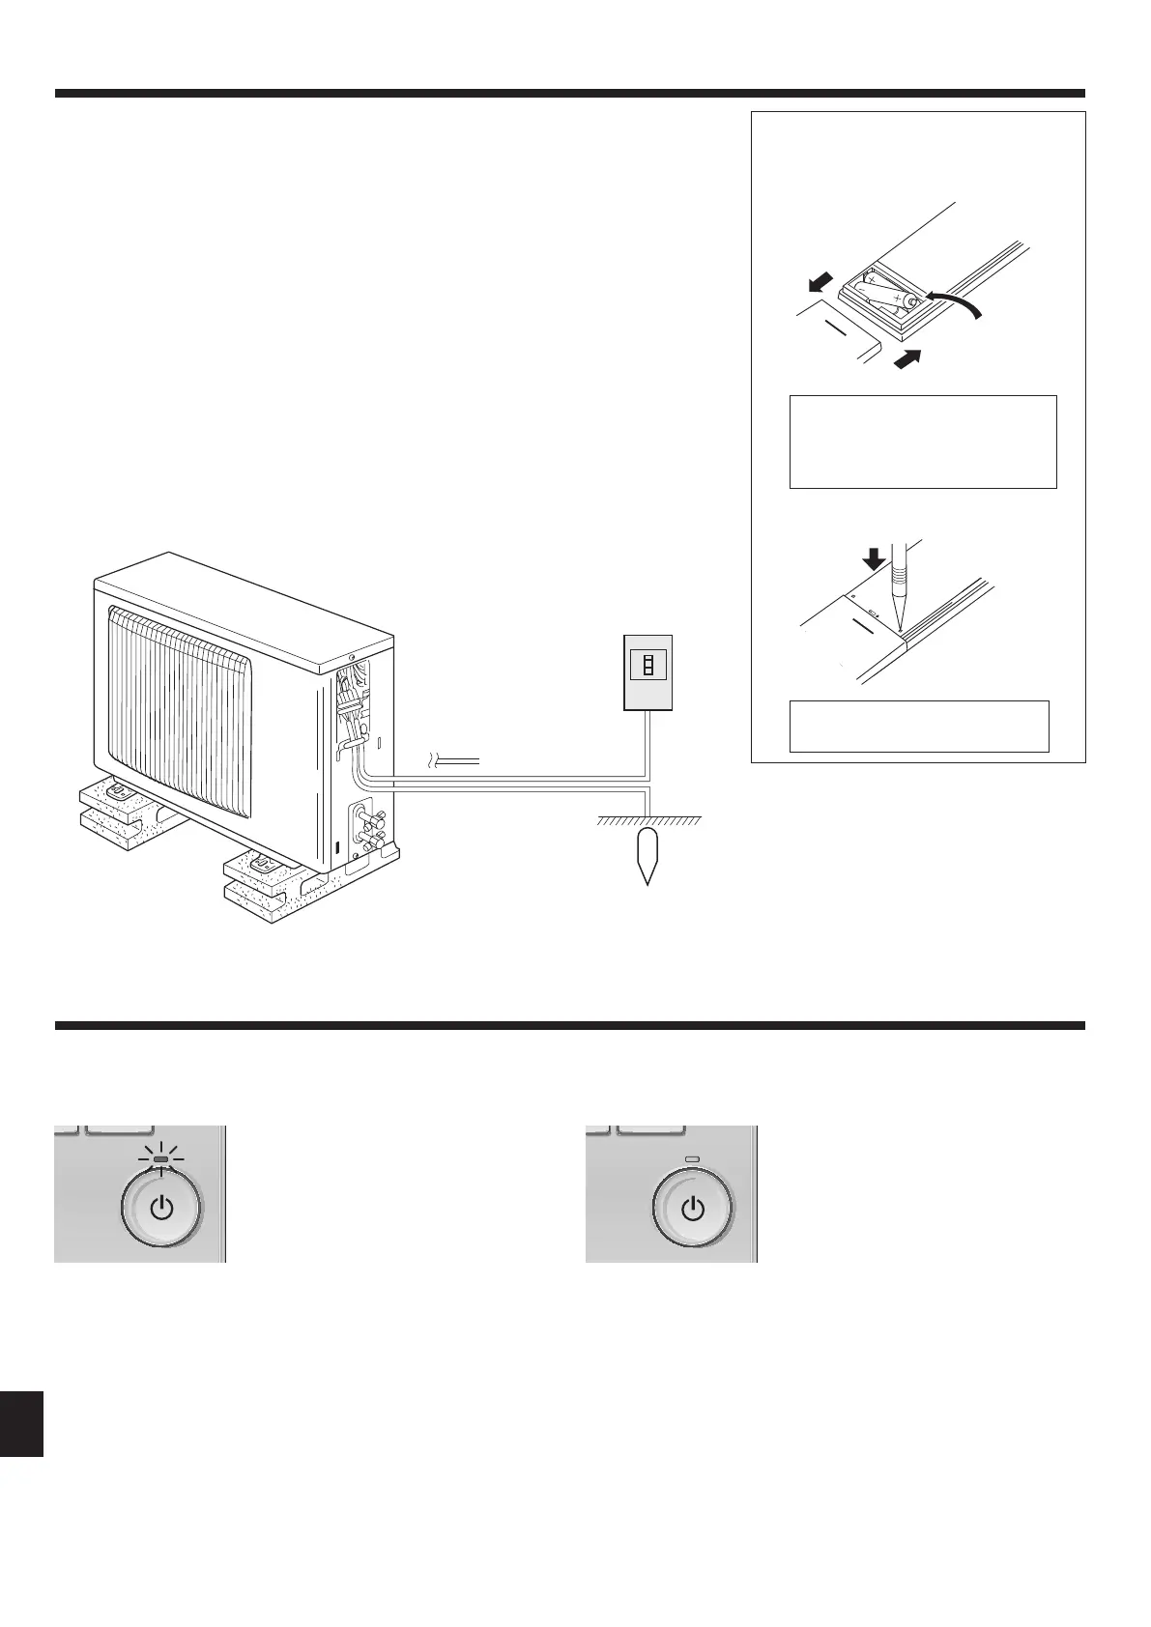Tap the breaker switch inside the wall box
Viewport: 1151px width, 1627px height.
click(x=648, y=666)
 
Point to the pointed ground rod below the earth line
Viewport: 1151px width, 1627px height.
click(x=648, y=854)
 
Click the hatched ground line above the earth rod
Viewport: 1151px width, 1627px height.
click(x=648, y=821)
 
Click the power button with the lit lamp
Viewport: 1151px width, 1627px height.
click(x=161, y=1209)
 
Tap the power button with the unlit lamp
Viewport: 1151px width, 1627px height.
click(x=693, y=1209)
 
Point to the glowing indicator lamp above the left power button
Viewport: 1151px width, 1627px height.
click(x=161, y=1159)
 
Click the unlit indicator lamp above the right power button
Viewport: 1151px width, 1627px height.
click(x=692, y=1159)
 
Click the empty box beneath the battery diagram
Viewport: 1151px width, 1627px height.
click(x=922, y=441)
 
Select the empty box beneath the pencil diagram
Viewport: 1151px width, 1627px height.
click(x=919, y=726)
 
